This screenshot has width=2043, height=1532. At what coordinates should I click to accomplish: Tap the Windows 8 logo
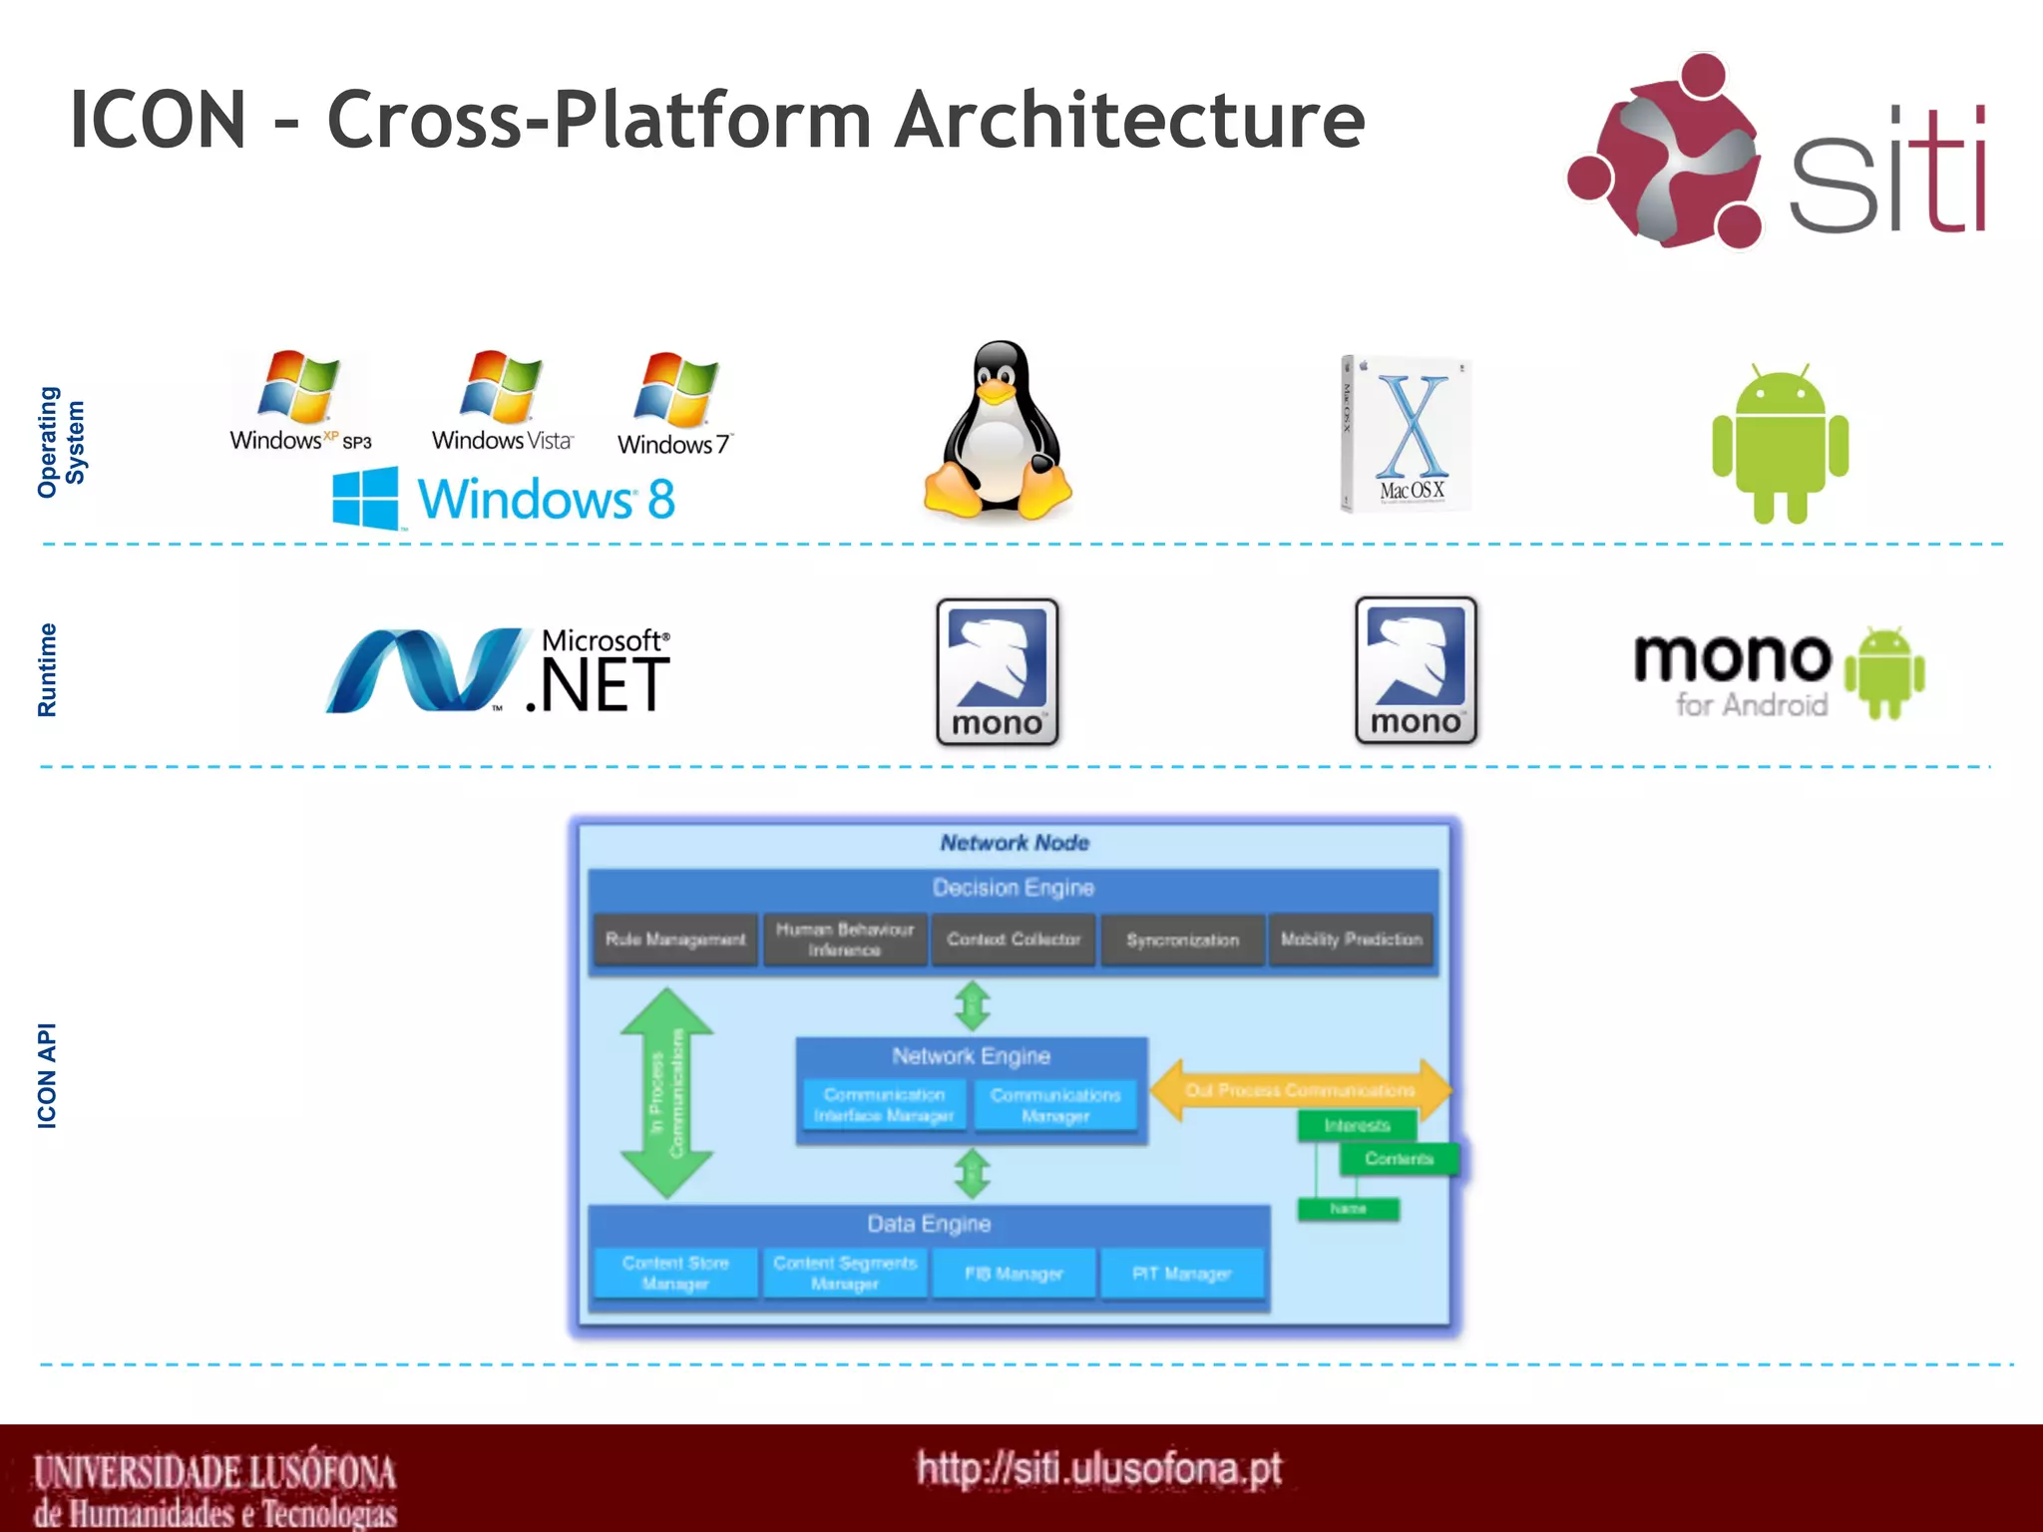505,498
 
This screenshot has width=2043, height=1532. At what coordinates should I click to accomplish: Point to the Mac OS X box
1406,435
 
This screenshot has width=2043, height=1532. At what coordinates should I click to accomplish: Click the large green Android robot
1780,445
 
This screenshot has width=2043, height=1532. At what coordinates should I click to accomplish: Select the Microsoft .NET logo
499,671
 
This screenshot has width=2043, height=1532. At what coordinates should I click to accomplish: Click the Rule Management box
675,940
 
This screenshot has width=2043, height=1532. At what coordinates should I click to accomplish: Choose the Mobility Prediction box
1351,940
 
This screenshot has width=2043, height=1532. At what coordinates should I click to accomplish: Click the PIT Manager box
1181,1274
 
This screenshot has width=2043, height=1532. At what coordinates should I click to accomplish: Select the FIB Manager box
1013,1274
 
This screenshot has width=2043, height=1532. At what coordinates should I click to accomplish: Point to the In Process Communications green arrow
666,1092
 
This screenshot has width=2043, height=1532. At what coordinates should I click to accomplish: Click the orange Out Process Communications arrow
1299,1090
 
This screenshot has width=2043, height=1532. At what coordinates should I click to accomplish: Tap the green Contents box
1399,1159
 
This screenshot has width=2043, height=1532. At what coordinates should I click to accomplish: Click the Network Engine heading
971,1056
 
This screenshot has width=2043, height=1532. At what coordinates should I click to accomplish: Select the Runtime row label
47,670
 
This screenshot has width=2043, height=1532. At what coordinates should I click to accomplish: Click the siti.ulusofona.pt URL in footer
1098,1469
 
